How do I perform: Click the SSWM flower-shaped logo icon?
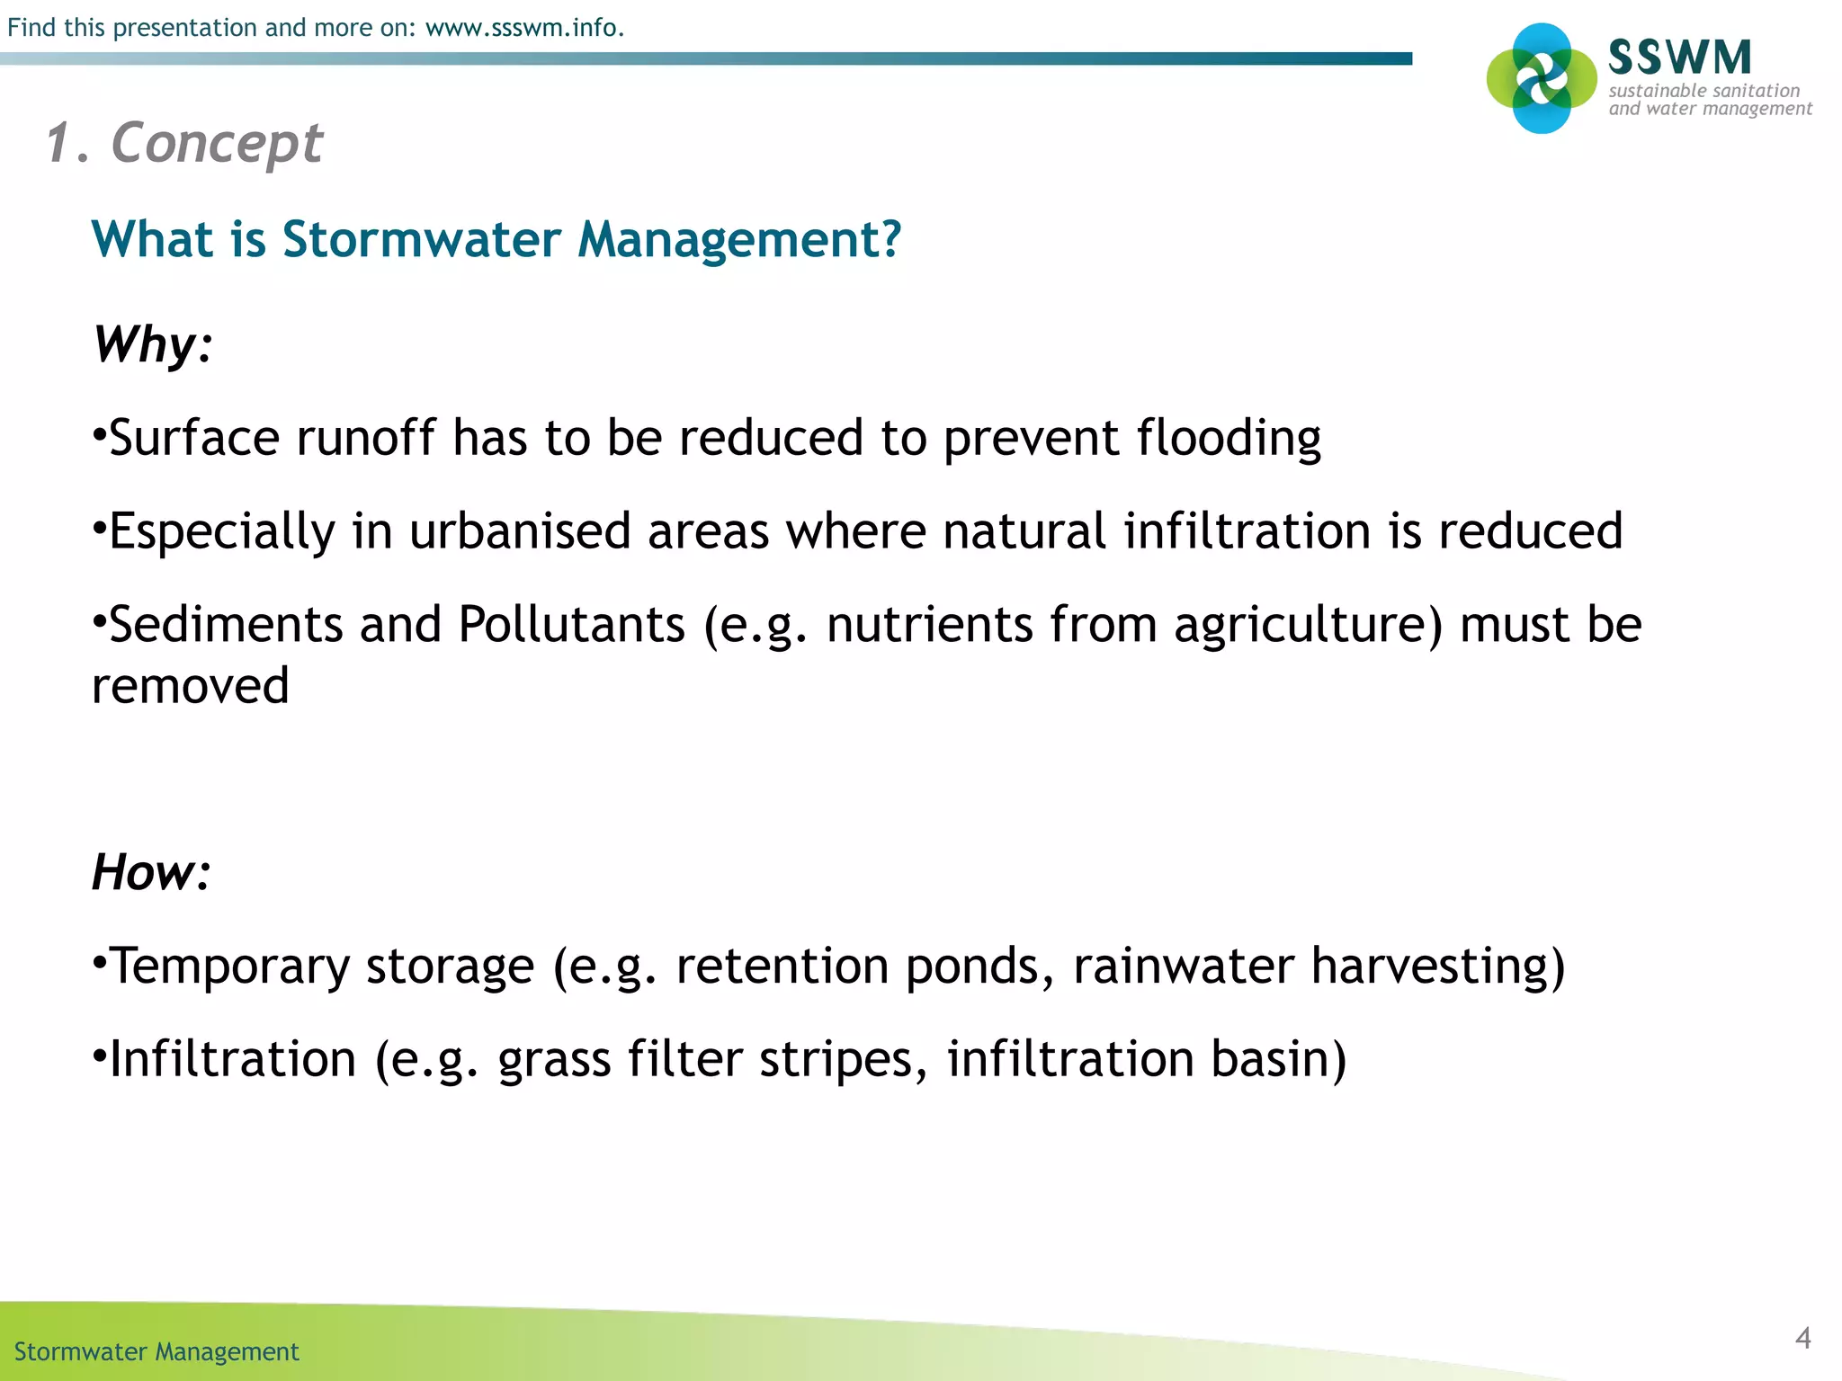point(1542,79)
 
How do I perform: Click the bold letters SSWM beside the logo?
point(1679,58)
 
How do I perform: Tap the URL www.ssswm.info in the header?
point(523,28)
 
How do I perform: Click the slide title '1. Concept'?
point(184,143)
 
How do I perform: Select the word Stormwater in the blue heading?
point(421,240)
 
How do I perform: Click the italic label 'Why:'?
point(153,344)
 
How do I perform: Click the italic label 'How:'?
point(151,872)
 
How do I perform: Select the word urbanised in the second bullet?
point(519,531)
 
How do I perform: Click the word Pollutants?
point(571,625)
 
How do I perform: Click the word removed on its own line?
point(191,686)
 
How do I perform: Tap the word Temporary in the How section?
point(229,967)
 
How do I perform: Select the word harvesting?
point(1428,967)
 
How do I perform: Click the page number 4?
point(1802,1338)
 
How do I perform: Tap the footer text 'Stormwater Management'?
point(156,1352)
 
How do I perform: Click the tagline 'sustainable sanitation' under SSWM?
point(1703,91)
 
